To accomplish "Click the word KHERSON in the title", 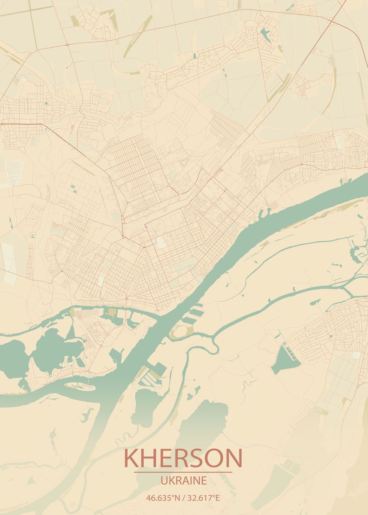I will point(183,458).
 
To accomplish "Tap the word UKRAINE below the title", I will point(183,480).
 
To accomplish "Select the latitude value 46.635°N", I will point(163,498).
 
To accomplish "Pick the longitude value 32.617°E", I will point(203,498).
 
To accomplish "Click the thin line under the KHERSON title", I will point(183,472).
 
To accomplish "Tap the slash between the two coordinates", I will point(183,498).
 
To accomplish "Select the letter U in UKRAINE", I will point(164,480).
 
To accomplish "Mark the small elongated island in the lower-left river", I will point(80,386).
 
